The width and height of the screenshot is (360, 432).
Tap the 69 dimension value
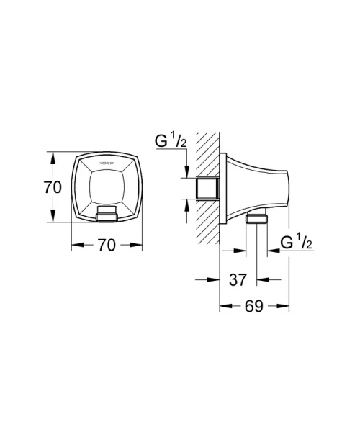click(x=253, y=306)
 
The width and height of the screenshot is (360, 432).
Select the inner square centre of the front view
click(x=105, y=185)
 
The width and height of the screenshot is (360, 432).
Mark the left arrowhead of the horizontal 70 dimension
click(x=76, y=246)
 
